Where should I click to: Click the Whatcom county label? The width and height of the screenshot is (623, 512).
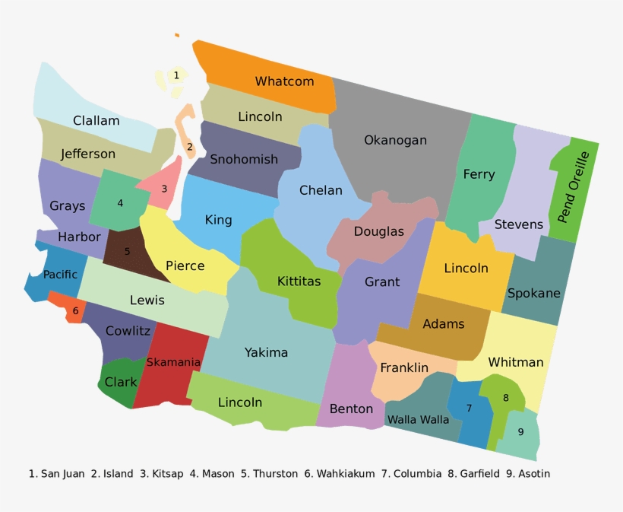(284, 81)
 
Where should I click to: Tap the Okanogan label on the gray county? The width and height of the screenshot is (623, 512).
(395, 140)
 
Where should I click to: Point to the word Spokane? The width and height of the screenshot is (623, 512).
(533, 293)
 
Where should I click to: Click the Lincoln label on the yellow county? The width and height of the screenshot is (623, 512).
(466, 268)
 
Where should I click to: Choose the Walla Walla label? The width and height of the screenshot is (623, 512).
(418, 419)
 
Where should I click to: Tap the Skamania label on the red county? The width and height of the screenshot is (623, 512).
(173, 362)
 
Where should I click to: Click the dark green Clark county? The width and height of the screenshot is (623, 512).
(120, 383)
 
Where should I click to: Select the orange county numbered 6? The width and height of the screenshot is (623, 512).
(74, 310)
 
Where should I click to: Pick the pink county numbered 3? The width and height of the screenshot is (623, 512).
(163, 189)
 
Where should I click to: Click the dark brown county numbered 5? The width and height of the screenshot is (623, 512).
(127, 251)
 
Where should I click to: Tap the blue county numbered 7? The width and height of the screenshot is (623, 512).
(469, 409)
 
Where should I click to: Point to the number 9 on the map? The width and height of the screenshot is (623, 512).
(520, 432)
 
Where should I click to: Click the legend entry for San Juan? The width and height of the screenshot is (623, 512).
(57, 474)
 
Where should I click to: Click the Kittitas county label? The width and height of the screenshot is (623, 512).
(299, 281)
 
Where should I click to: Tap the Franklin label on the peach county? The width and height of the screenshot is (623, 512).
(404, 368)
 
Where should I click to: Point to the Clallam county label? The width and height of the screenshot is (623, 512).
(96, 120)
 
